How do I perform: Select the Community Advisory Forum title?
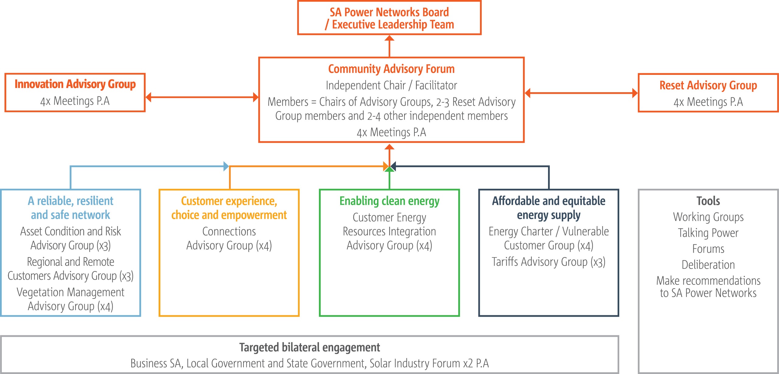click(391, 69)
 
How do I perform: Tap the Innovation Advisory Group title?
click(75, 84)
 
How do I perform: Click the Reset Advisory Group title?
click(708, 86)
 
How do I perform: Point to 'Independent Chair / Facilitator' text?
click(391, 86)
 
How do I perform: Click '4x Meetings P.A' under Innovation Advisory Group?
click(75, 101)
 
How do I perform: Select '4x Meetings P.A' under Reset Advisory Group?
click(708, 102)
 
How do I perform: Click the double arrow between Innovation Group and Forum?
click(202, 97)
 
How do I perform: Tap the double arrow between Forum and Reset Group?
click(581, 93)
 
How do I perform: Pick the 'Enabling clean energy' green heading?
click(389, 201)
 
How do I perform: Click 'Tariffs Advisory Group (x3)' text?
click(549, 262)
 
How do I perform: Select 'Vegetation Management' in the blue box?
click(70, 292)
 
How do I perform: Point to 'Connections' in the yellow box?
click(229, 232)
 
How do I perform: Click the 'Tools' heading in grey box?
click(708, 201)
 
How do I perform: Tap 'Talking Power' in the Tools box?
click(708, 233)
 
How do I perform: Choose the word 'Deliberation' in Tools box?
click(708, 265)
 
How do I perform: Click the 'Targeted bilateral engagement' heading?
click(309, 348)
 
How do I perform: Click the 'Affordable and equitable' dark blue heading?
click(549, 201)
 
